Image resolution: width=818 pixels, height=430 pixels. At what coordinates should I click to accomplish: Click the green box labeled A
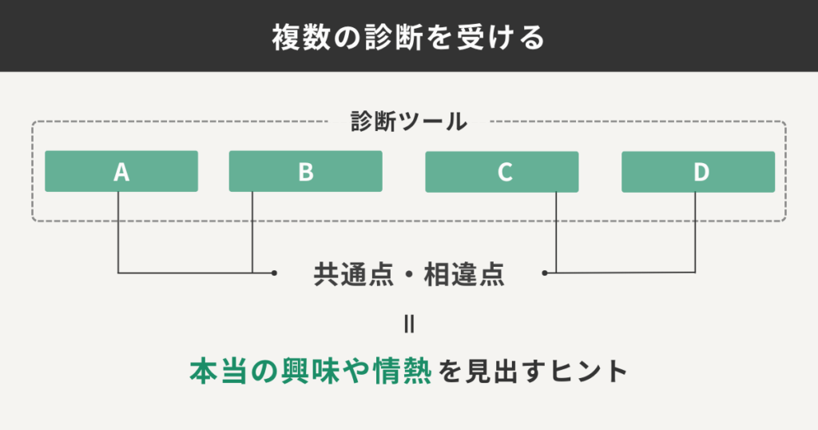point(121,172)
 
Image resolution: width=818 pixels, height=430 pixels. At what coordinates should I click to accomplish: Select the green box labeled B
point(305,172)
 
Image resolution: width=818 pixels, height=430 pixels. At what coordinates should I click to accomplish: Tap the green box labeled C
point(502,172)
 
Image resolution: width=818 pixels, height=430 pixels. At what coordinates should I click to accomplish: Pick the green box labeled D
point(698,172)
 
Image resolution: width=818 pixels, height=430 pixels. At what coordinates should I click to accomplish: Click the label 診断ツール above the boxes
point(409,122)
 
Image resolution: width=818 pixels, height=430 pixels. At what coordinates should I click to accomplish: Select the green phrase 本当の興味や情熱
point(311,370)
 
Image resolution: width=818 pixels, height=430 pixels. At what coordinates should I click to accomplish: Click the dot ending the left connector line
point(274,273)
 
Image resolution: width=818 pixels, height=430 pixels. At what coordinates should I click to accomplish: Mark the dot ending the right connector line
point(545,273)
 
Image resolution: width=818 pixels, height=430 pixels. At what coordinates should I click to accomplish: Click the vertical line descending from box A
point(118,232)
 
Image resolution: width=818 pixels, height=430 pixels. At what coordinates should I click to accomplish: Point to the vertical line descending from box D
point(695,232)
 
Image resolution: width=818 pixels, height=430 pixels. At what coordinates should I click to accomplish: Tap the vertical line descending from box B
point(252,232)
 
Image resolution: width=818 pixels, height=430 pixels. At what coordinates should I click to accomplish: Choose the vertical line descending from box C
point(556,232)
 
